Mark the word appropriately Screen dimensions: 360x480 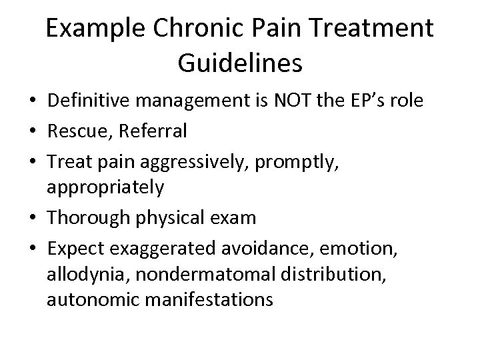pyautogui.click(x=105, y=189)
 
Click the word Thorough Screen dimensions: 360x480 pyautogui.click(x=85, y=217)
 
